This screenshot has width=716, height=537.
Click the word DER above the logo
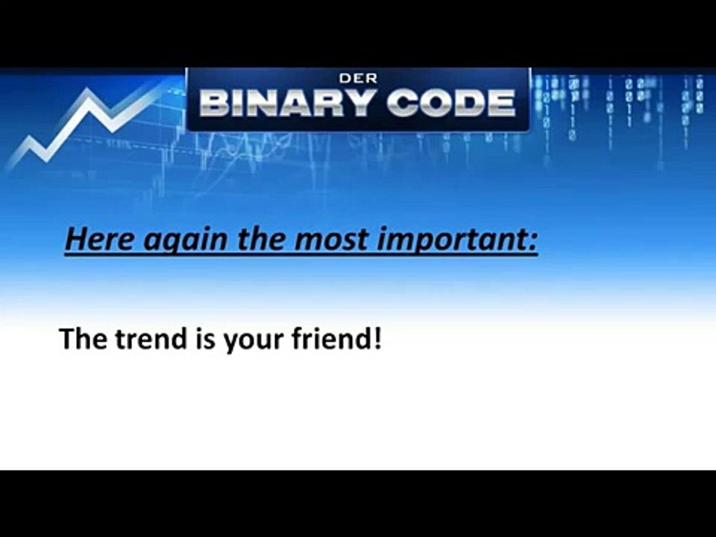click(358, 78)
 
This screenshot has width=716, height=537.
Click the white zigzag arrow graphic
click(82, 123)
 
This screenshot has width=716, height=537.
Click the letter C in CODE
click(401, 103)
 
